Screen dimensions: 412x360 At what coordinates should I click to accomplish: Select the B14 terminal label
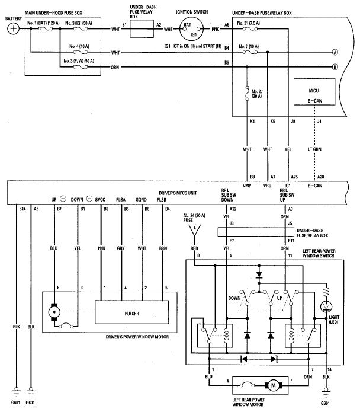[x=22, y=209]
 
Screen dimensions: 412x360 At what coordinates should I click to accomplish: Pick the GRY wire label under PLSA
[x=121, y=250]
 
